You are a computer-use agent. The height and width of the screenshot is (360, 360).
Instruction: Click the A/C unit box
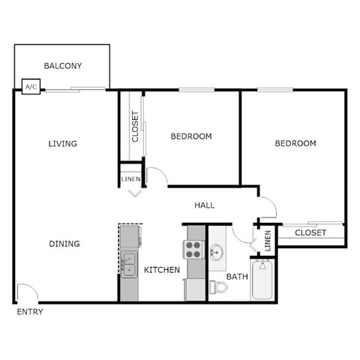coord(31,88)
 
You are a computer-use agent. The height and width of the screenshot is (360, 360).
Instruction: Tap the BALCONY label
coord(63,66)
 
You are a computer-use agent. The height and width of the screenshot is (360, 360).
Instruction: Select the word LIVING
coord(63,143)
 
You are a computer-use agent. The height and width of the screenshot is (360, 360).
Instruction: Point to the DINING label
coord(64,244)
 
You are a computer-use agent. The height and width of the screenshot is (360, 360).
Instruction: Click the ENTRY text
coord(29,312)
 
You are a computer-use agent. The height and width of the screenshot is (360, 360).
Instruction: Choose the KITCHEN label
coord(162,269)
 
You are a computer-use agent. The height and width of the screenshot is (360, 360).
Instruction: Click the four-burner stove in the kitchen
coord(194,249)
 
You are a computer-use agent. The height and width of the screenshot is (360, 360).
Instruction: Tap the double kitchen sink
coord(130,264)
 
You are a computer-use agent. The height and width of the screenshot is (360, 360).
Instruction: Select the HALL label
coord(205,205)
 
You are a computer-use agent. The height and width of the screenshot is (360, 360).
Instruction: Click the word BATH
coord(237,277)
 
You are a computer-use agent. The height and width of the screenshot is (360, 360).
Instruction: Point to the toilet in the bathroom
coord(218,286)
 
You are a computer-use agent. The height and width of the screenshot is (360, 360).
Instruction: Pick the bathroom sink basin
coord(217,253)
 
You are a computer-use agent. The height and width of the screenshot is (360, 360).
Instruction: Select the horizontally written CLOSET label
coord(310,232)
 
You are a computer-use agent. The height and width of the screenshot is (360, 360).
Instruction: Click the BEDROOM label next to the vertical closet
coord(190,136)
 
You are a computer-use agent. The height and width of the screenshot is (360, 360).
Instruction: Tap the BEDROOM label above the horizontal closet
coord(295,143)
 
